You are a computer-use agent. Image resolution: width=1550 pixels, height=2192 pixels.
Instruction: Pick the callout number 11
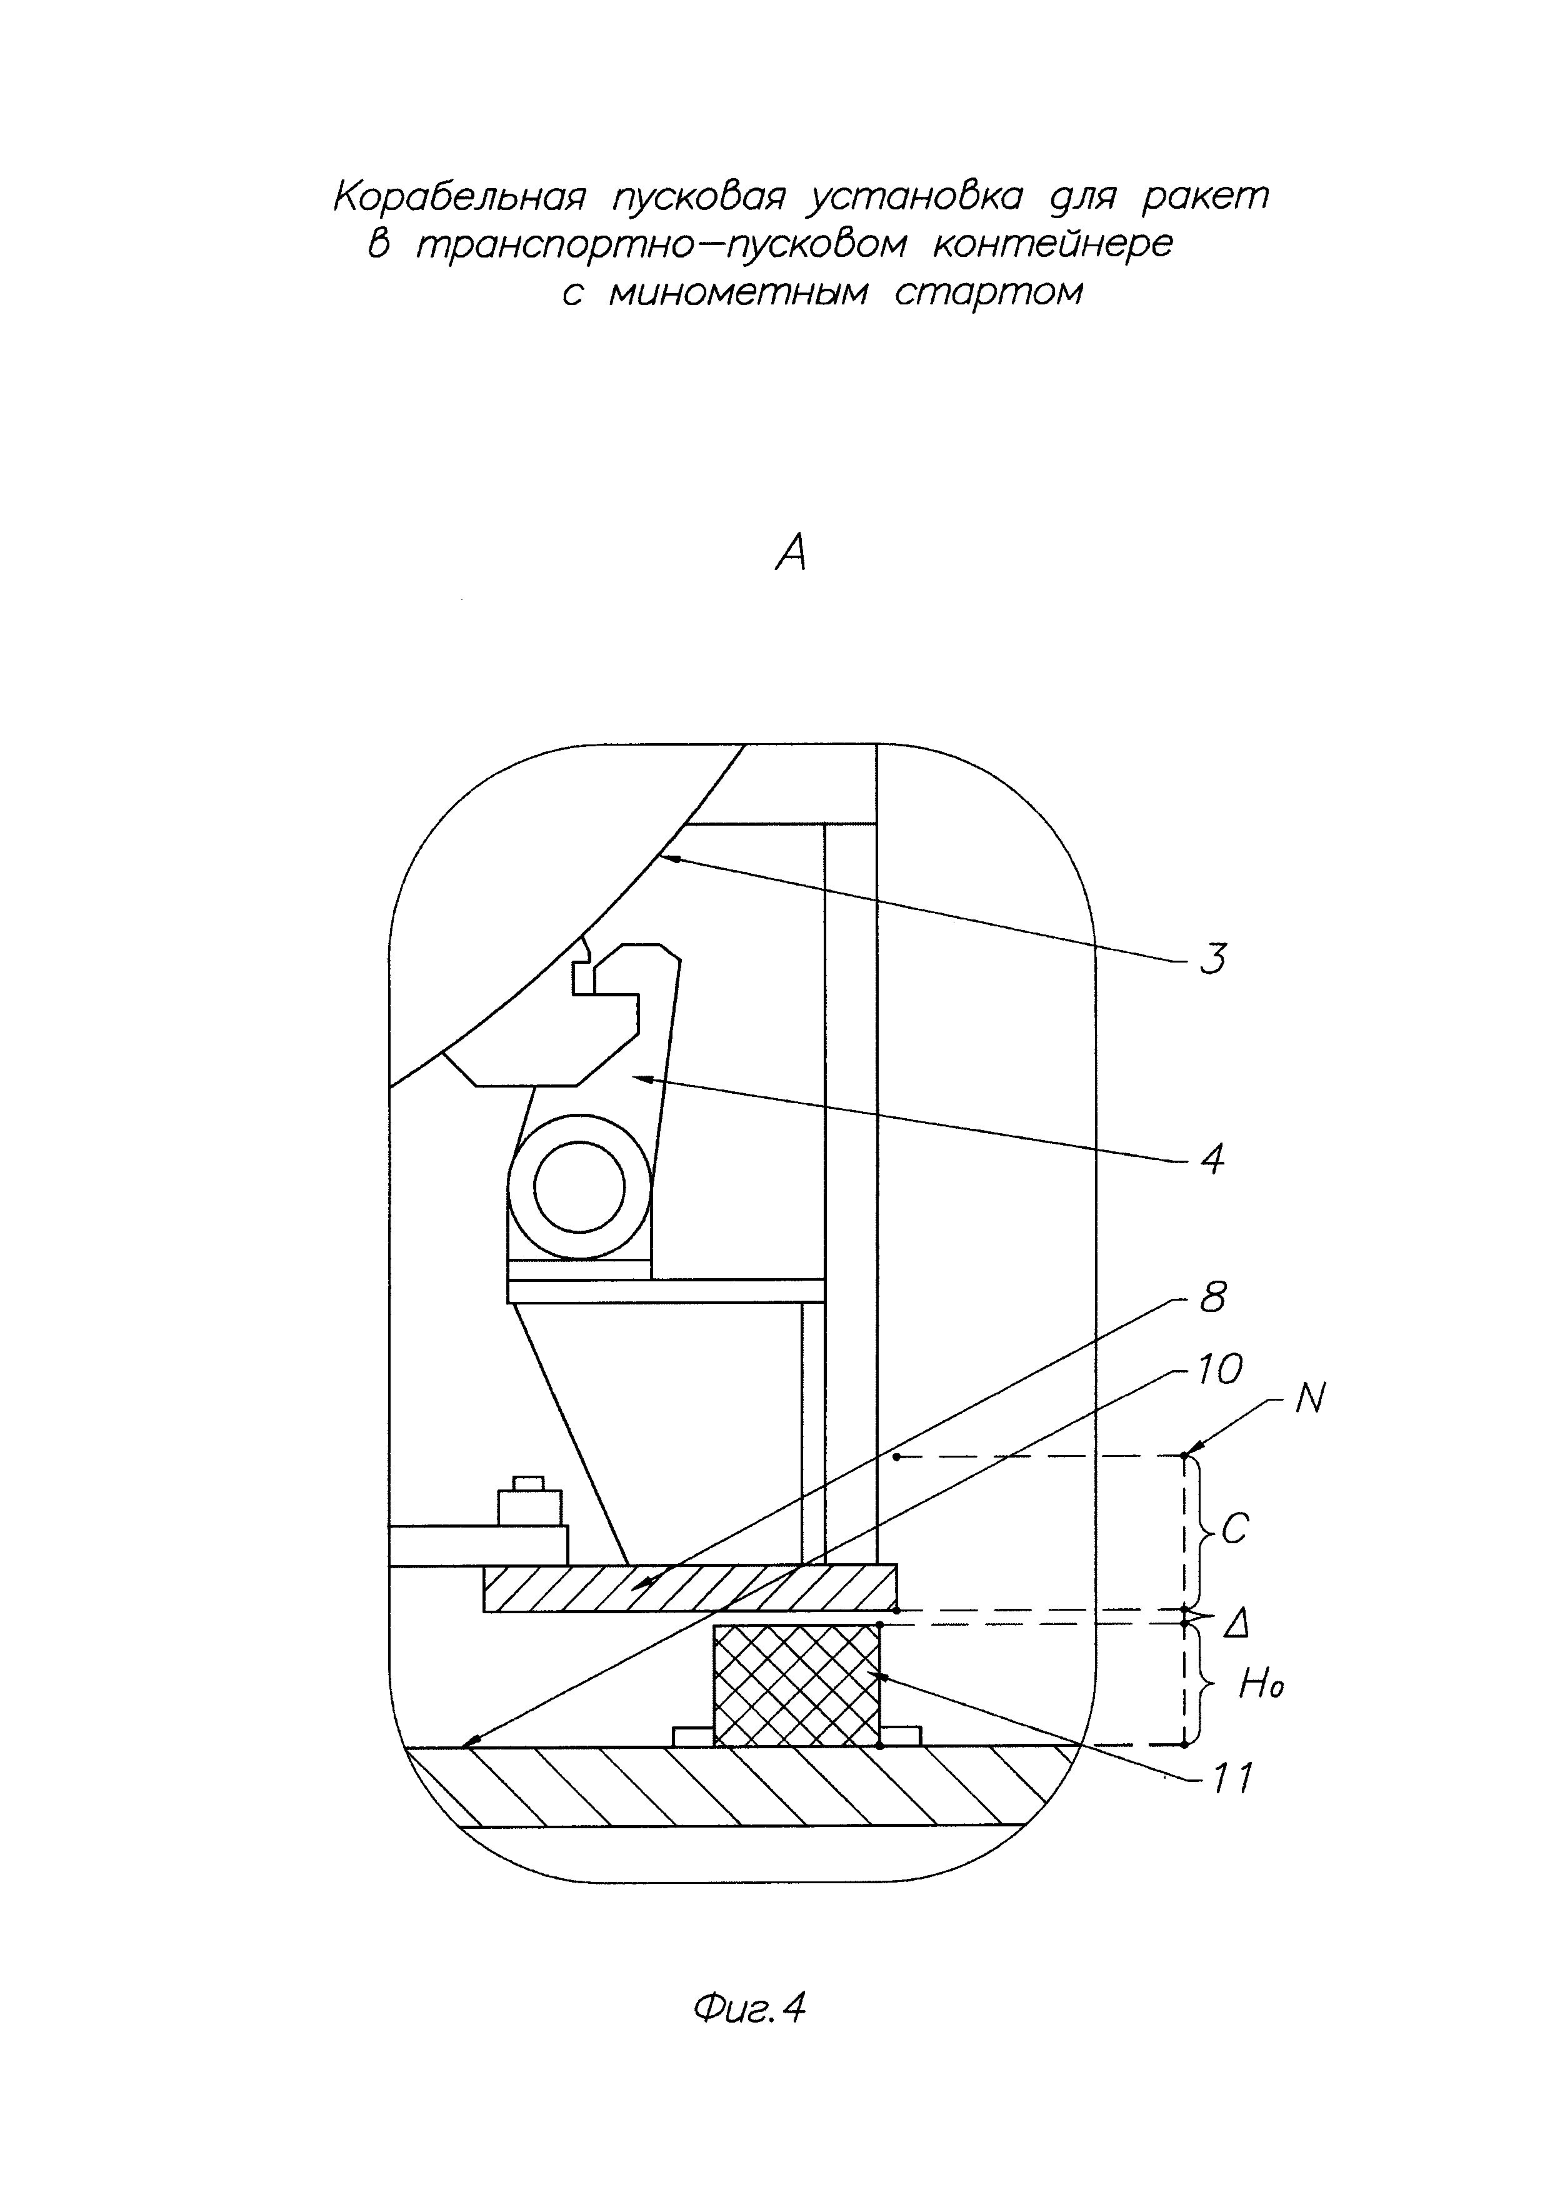tap(1231, 1779)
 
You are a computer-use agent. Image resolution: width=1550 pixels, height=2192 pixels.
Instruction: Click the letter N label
tap(1311, 1401)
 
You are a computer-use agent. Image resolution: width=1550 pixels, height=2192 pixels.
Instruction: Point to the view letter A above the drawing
tap(791, 552)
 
